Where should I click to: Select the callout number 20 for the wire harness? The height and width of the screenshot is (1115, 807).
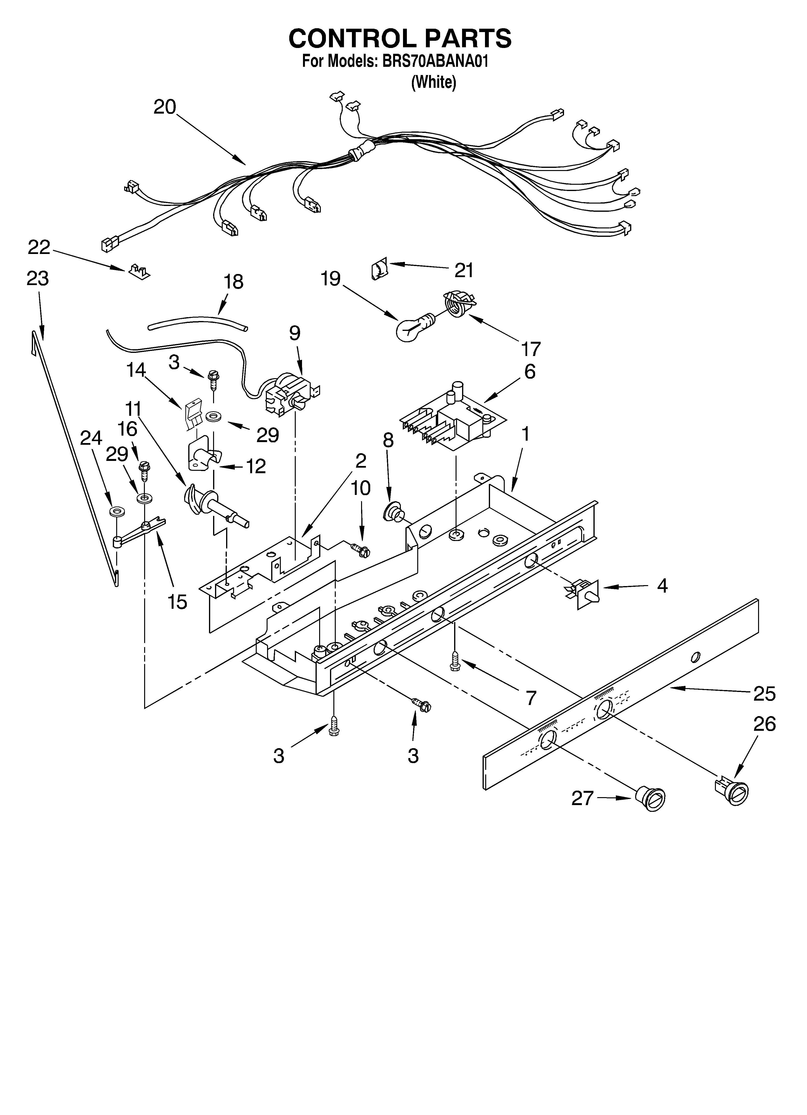point(165,107)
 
